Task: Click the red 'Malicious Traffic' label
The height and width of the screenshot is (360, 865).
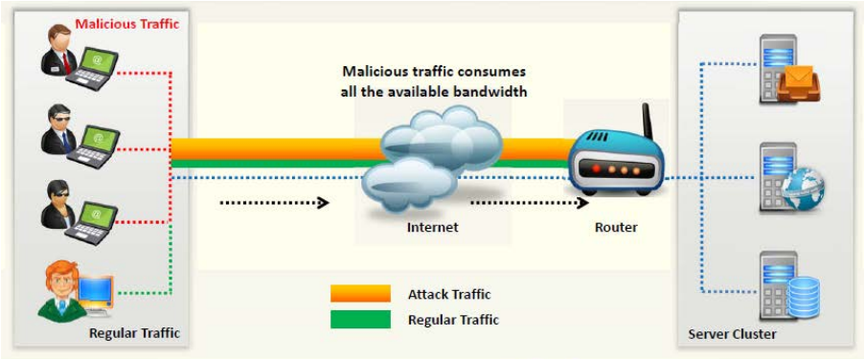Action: (x=126, y=23)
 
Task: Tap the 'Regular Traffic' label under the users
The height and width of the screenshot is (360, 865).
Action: (x=134, y=333)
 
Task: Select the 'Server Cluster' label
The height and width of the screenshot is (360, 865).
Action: (x=732, y=334)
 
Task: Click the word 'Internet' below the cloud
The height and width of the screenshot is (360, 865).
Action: (x=432, y=228)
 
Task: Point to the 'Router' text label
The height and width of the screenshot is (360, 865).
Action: (x=615, y=228)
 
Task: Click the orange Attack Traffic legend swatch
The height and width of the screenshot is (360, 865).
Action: (x=360, y=293)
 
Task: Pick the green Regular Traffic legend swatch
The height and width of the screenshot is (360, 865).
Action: (x=360, y=319)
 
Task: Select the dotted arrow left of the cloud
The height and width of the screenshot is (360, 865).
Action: (x=274, y=203)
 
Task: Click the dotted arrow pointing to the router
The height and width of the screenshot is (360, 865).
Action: (x=527, y=203)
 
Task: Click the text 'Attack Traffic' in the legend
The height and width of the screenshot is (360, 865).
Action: (x=448, y=294)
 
